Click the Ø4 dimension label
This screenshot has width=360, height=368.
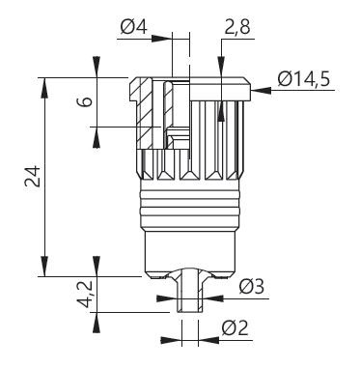point(134,27)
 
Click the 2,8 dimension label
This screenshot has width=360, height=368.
point(237,27)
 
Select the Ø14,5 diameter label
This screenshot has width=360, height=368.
point(304,79)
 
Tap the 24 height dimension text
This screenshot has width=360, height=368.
point(33,177)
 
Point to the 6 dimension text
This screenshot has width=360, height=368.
point(85,102)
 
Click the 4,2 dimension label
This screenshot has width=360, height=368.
point(85,294)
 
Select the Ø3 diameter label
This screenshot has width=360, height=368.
point(252,286)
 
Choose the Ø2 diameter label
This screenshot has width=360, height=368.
point(235,328)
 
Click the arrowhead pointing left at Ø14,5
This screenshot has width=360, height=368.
point(261,90)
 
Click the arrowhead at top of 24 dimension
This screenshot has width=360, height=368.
point(44,87)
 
